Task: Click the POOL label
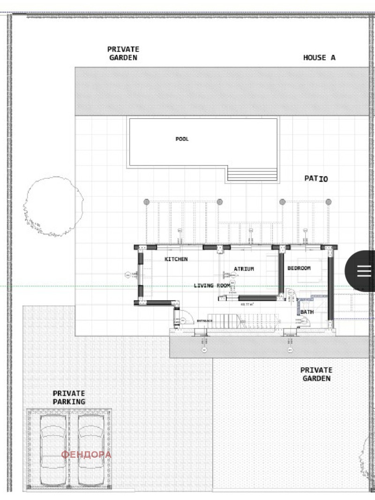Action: click(x=182, y=139)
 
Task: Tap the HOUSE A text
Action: click(x=319, y=58)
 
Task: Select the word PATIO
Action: click(x=316, y=179)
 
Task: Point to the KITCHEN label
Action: click(x=176, y=259)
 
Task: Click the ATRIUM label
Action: click(x=244, y=269)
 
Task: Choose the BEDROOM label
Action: click(x=299, y=268)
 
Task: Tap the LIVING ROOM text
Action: click(x=212, y=285)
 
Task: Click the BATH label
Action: click(x=307, y=312)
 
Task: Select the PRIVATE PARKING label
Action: click(x=69, y=398)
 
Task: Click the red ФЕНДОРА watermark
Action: click(x=86, y=455)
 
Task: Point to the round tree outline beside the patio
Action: click(x=53, y=206)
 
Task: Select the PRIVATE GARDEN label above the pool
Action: click(x=123, y=53)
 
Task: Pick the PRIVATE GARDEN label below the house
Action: click(x=316, y=374)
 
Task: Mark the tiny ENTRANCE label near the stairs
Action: click(x=204, y=320)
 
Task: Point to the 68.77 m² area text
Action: click(x=247, y=304)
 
